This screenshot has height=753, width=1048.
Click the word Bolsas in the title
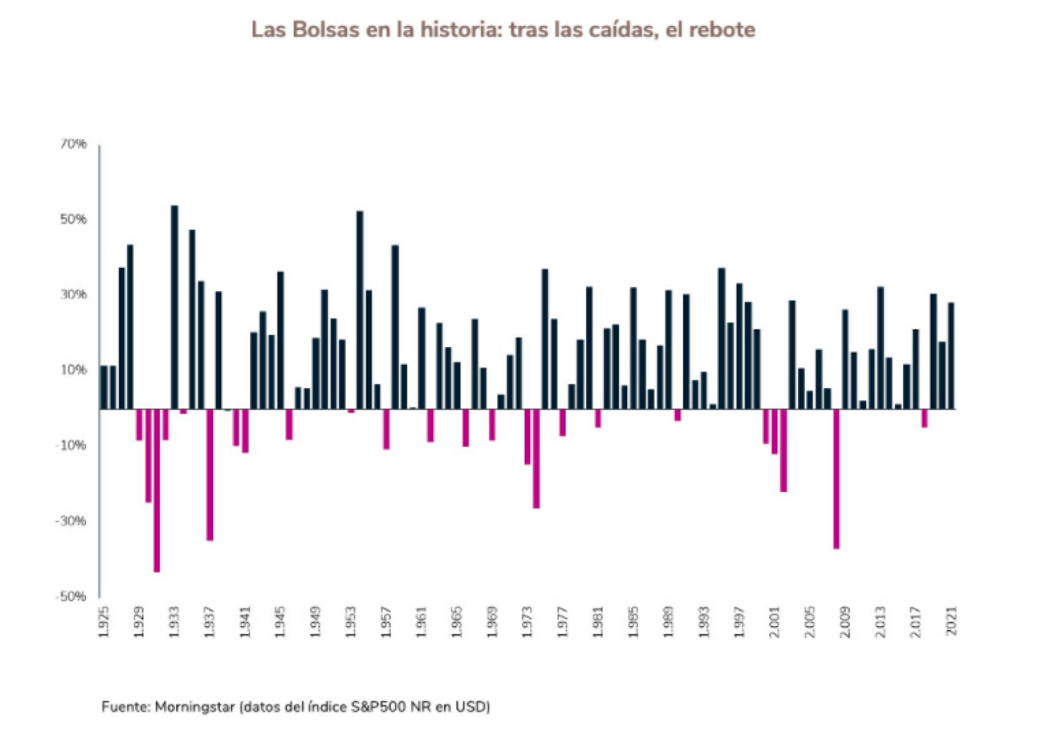pos(323,29)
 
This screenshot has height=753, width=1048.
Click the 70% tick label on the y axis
pos(73,144)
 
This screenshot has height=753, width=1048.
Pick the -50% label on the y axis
pos(71,597)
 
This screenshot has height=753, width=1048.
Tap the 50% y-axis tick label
pos(73,220)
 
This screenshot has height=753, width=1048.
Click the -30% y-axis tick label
pos(71,521)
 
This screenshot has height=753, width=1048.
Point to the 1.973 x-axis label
pos(527,622)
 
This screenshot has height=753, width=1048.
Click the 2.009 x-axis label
pos(845,622)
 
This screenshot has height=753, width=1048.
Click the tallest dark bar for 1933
pos(174,307)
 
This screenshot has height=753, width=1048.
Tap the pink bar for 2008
pos(836,478)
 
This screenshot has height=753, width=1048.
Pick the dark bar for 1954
pos(360,310)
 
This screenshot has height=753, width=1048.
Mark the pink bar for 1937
pos(210,474)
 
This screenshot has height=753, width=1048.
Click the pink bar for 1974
pos(536,458)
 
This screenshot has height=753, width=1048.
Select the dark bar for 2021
pos(951,356)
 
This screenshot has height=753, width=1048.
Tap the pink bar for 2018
pos(925,418)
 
